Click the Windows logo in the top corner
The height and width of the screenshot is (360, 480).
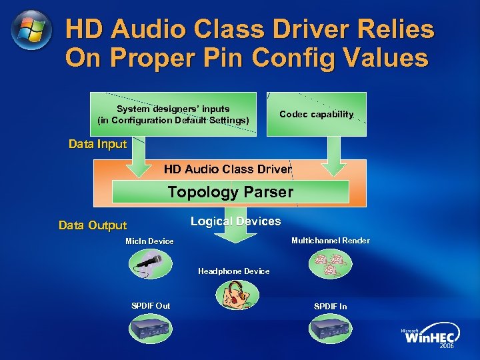pyautogui.click(x=31, y=31)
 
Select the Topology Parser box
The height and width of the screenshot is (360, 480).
pyautogui.click(x=230, y=192)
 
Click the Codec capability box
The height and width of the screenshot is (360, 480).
pyautogui.click(x=316, y=114)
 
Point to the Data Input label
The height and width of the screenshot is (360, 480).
pyautogui.click(x=97, y=144)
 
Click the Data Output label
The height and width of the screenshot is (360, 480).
pyautogui.click(x=93, y=225)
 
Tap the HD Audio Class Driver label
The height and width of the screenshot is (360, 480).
pyautogui.click(x=228, y=169)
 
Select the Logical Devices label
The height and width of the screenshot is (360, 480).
pyautogui.click(x=235, y=221)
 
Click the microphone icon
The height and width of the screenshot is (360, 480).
pyautogui.click(x=150, y=264)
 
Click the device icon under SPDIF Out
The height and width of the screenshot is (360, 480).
pyautogui.click(x=150, y=327)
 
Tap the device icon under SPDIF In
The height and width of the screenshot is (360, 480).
pyautogui.click(x=330, y=327)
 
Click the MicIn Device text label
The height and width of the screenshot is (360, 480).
pyautogui.click(x=149, y=241)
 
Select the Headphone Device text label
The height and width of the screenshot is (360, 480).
pyautogui.click(x=234, y=271)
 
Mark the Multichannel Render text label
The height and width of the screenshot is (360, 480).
pyautogui.click(x=330, y=241)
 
